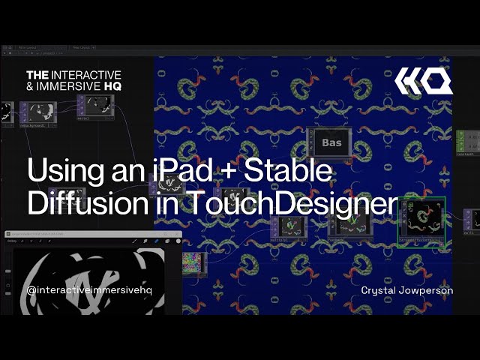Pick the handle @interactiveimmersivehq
pyautogui.click(x=89, y=290)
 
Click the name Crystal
pyautogui.click(x=382, y=290)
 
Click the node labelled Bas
pyautogui.click(x=331, y=143)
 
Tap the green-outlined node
pyautogui.click(x=422, y=221)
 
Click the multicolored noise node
pyautogui.click(x=193, y=262)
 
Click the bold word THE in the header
pyautogui.click(x=37, y=75)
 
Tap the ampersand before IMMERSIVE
pyautogui.click(x=31, y=87)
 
